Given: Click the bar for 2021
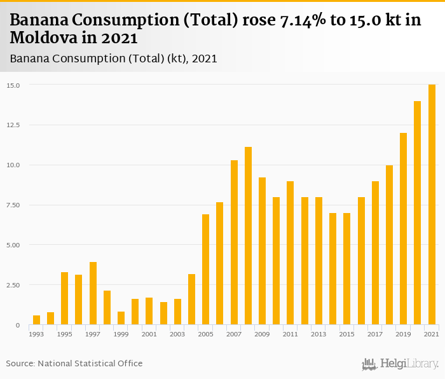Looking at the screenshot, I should pos(432,205).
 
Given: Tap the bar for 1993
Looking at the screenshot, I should pos(36,320).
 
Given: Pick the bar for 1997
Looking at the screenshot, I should pos(93,293).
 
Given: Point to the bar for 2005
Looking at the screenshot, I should pos(206,270).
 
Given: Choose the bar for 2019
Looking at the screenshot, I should pos(403,229).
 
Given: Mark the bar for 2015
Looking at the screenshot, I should pos(347,269).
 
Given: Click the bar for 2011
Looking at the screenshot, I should pos(291,253).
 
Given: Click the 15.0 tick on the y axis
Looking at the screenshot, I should pos(13,85).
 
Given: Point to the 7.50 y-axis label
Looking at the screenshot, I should pos(13,205).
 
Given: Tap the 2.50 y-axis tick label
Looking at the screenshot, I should pos(13,285).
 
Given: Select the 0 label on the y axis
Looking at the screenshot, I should pos(17,325).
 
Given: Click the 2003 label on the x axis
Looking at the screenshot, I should pos(177,334).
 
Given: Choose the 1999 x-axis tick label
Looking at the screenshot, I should pos(121,334).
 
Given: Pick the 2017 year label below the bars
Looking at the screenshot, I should pos(375,334).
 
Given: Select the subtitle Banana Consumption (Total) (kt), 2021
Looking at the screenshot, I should pos(114,59).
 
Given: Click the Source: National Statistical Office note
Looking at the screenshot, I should pos(74,364).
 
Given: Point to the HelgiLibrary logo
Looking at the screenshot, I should pos(400,364).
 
